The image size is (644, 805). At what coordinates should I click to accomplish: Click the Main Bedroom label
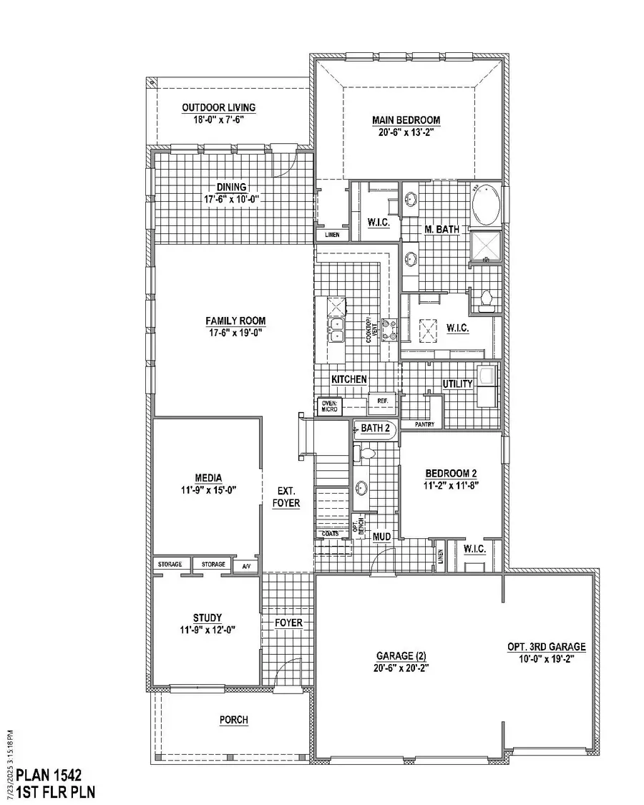(x=406, y=120)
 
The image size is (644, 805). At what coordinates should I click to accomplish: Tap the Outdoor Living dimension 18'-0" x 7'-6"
(x=218, y=119)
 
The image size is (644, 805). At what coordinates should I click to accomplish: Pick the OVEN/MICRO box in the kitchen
(x=329, y=406)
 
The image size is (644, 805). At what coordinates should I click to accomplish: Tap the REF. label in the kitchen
(x=377, y=401)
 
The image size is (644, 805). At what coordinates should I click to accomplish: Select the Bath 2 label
(x=374, y=429)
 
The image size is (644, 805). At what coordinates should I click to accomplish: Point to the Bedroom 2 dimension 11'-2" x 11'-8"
(x=451, y=485)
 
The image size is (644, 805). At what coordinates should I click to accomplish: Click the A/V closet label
(x=246, y=565)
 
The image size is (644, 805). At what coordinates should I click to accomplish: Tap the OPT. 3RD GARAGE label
(x=547, y=647)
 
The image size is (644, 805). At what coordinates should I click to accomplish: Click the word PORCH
(x=234, y=720)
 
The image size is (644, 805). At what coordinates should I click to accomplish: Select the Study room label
(x=207, y=618)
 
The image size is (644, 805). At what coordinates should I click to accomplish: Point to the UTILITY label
(x=457, y=384)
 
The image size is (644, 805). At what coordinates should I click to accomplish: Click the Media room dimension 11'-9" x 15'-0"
(x=208, y=490)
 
